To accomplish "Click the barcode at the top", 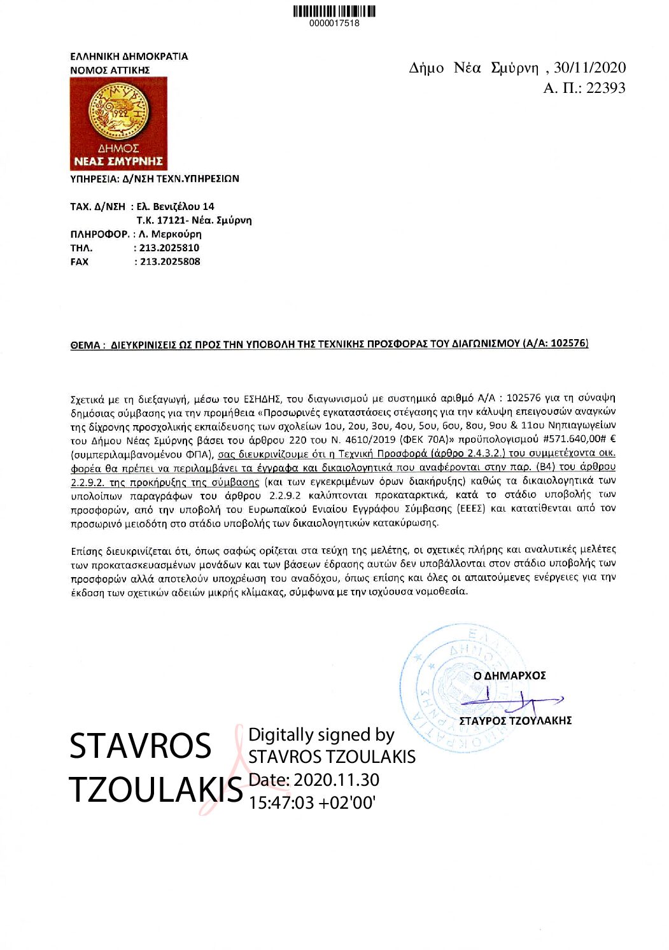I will (334, 11).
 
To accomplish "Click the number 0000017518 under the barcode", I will (334, 24).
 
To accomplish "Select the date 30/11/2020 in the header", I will (590, 68).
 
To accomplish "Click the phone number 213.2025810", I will (169, 248).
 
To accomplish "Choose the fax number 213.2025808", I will (169, 262).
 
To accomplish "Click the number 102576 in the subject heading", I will (568, 343).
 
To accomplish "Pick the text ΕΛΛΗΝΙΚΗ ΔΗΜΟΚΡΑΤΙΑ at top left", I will (129, 56).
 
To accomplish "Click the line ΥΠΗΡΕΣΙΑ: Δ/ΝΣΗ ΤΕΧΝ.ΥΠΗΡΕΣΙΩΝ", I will (155, 179).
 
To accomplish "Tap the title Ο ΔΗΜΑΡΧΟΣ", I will (509, 676).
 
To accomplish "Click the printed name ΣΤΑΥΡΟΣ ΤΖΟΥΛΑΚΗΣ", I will (516, 720).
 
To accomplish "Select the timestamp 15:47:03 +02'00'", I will (312, 802).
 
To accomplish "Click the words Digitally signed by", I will (321, 735).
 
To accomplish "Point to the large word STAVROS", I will (140, 746).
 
